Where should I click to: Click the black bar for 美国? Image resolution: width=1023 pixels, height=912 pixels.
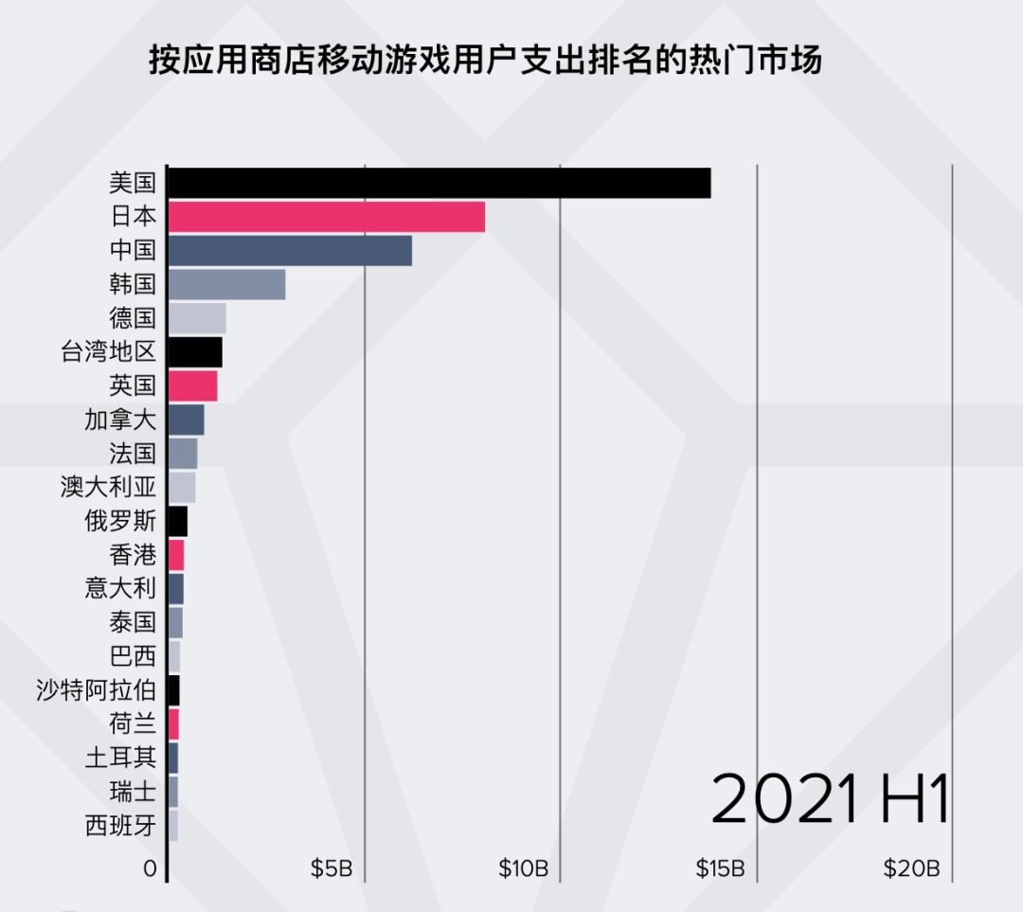(x=439, y=183)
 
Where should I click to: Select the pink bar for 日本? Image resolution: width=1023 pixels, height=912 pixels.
(x=326, y=217)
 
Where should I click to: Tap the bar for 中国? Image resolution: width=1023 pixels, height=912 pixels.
(x=290, y=251)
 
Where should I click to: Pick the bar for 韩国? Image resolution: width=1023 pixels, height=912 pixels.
(x=226, y=284)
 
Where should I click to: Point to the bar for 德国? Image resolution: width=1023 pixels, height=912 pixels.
(x=197, y=318)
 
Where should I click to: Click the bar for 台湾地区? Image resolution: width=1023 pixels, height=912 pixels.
(x=195, y=352)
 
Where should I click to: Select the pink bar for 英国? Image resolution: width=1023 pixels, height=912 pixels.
(x=192, y=386)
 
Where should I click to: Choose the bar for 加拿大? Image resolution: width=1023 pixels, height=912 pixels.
(x=186, y=420)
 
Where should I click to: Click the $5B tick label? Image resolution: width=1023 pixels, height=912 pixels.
(x=332, y=868)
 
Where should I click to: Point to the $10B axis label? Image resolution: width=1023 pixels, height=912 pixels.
(x=524, y=868)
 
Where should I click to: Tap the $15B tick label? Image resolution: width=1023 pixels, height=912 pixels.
(x=720, y=868)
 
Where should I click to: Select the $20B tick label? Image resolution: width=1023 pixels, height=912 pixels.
(x=911, y=868)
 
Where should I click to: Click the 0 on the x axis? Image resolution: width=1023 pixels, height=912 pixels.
(x=150, y=868)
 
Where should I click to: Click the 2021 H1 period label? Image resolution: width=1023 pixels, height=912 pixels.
(x=830, y=798)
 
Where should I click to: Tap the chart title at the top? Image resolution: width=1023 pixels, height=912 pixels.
(x=484, y=62)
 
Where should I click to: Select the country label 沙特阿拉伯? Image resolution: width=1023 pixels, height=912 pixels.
(x=96, y=690)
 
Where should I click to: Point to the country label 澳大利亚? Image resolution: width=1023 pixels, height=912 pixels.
(x=108, y=488)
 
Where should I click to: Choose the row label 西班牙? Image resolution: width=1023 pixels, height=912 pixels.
(x=120, y=826)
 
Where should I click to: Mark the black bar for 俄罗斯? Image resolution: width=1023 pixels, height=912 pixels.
(x=177, y=521)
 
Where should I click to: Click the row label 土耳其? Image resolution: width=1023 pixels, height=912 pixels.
(x=120, y=758)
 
